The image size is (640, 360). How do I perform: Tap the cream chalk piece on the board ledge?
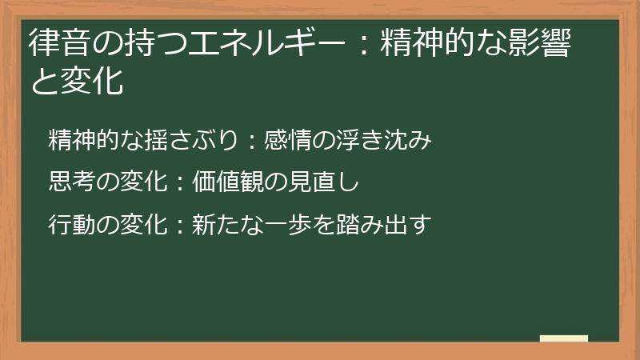click(x=564, y=338)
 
